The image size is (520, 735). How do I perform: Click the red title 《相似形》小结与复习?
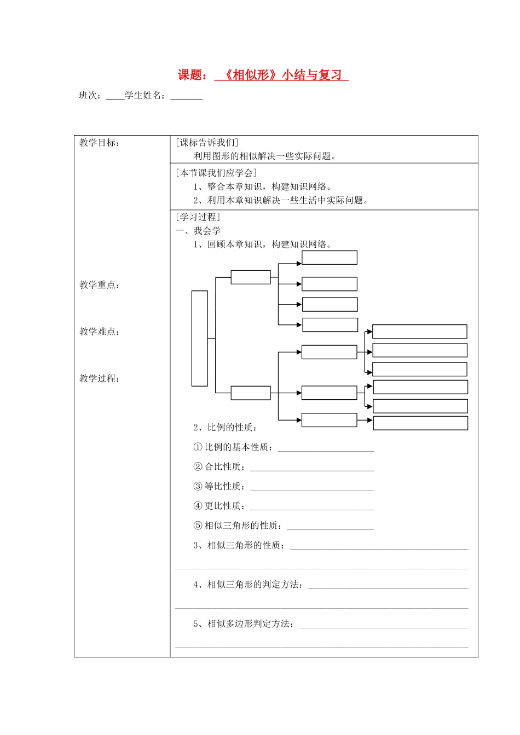(281, 75)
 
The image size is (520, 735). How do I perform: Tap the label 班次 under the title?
(88, 96)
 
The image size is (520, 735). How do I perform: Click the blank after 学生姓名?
(186, 96)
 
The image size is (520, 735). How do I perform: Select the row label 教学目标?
(99, 143)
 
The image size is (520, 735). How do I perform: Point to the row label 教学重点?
(99, 285)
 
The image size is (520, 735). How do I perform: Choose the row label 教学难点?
(99, 332)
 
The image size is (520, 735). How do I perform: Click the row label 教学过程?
(99, 378)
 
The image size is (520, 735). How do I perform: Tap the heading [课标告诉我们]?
(207, 143)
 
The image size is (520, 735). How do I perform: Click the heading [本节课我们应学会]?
(216, 173)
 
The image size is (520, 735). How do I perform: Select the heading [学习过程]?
(198, 217)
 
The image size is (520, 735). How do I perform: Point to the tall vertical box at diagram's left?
(200, 339)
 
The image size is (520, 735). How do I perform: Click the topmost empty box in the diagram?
(330, 258)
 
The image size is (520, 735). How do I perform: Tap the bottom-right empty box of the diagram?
(420, 423)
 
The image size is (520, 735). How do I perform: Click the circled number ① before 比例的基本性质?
(198, 447)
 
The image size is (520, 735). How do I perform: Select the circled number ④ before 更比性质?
(198, 506)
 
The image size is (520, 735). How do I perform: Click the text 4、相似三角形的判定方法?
(247, 585)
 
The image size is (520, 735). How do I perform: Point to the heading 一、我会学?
(198, 231)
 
